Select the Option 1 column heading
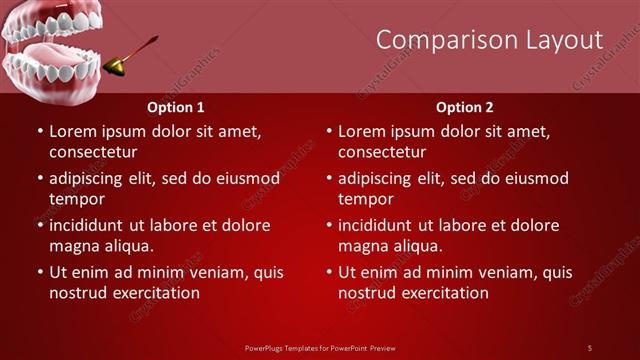176,106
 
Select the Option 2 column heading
465,106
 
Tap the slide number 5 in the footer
590,347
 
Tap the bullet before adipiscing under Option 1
39,179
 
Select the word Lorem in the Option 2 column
362,131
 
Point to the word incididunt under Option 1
93,225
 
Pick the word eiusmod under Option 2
535,178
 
